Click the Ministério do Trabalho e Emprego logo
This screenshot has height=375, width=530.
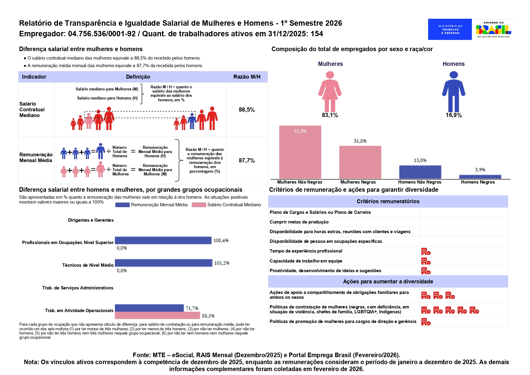click(450, 29)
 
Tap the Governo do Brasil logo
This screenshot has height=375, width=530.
click(493, 29)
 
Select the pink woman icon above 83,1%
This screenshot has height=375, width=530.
click(330, 92)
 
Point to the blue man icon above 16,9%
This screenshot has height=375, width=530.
click(454, 92)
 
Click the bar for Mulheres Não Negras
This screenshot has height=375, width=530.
click(300, 152)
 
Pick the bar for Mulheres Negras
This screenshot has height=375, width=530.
click(360, 162)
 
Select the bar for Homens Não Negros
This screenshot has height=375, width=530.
click(420, 172)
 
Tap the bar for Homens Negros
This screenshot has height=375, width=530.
click(480, 177)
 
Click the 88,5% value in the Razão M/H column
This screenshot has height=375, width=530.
click(247, 110)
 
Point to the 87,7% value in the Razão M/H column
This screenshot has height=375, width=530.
click(247, 161)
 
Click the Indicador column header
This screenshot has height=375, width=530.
click(34, 77)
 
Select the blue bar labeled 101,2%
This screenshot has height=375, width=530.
click(164, 263)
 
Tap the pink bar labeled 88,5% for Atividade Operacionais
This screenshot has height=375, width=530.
click(158, 315)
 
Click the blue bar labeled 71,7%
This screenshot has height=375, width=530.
click(149, 308)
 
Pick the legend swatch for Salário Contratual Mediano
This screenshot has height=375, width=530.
click(199, 205)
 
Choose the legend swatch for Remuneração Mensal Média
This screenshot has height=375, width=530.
click(122, 205)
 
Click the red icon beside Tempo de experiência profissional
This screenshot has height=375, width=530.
click(426, 251)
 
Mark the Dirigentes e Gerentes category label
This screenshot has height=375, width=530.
click(91, 220)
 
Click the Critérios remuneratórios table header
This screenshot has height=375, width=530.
click(388, 201)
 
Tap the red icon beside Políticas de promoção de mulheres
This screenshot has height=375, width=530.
click(426, 322)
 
